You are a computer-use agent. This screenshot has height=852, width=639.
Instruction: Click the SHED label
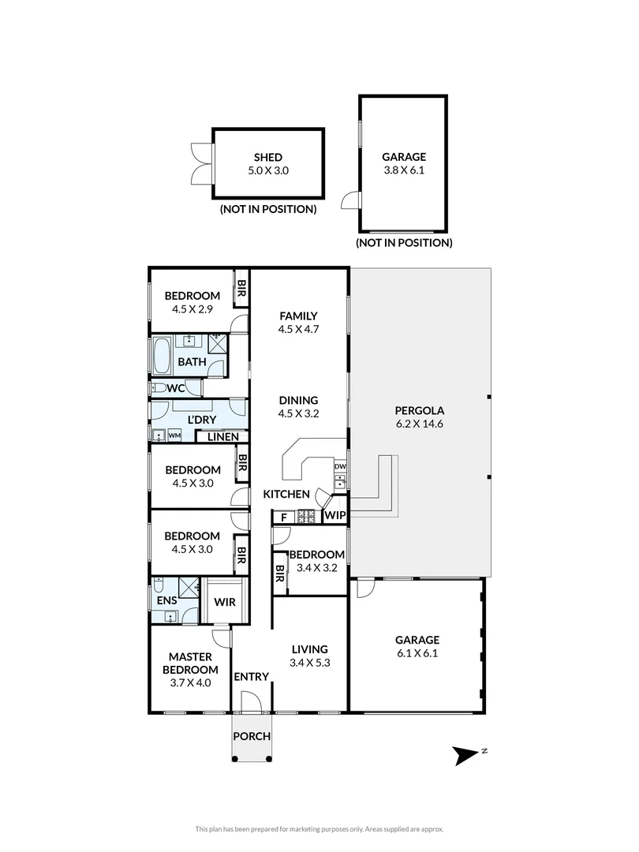click(x=268, y=157)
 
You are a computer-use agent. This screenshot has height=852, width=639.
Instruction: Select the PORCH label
click(x=252, y=737)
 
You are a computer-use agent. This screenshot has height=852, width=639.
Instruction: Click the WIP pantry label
click(x=334, y=517)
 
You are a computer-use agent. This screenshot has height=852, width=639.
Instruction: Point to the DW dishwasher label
click(x=340, y=467)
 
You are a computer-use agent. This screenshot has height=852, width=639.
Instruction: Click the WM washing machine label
click(x=174, y=435)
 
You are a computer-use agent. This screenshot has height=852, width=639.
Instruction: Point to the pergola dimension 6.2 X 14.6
click(x=421, y=423)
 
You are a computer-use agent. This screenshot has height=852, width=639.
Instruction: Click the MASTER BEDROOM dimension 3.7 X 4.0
click(x=191, y=683)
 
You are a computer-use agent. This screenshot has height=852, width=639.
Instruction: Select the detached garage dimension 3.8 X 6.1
click(x=405, y=170)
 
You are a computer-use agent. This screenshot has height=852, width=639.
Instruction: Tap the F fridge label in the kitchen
click(x=282, y=518)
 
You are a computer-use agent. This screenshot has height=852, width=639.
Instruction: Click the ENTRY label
click(x=252, y=676)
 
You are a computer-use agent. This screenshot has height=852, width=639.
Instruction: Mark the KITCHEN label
click(x=286, y=495)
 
